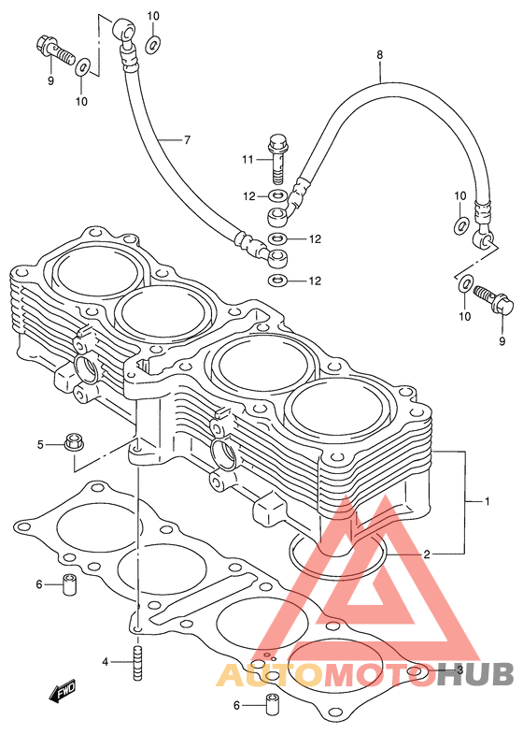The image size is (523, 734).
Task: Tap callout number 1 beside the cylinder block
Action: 487,501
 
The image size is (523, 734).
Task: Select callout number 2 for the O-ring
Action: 426,554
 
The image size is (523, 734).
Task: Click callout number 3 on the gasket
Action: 459,669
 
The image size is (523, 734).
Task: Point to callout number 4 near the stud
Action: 106,661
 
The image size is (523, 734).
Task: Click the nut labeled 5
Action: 72,441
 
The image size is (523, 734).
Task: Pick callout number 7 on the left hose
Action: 187,139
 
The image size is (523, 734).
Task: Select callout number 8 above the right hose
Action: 379,55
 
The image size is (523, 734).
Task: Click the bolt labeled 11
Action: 277,160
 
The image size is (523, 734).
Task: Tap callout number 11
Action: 247,160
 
